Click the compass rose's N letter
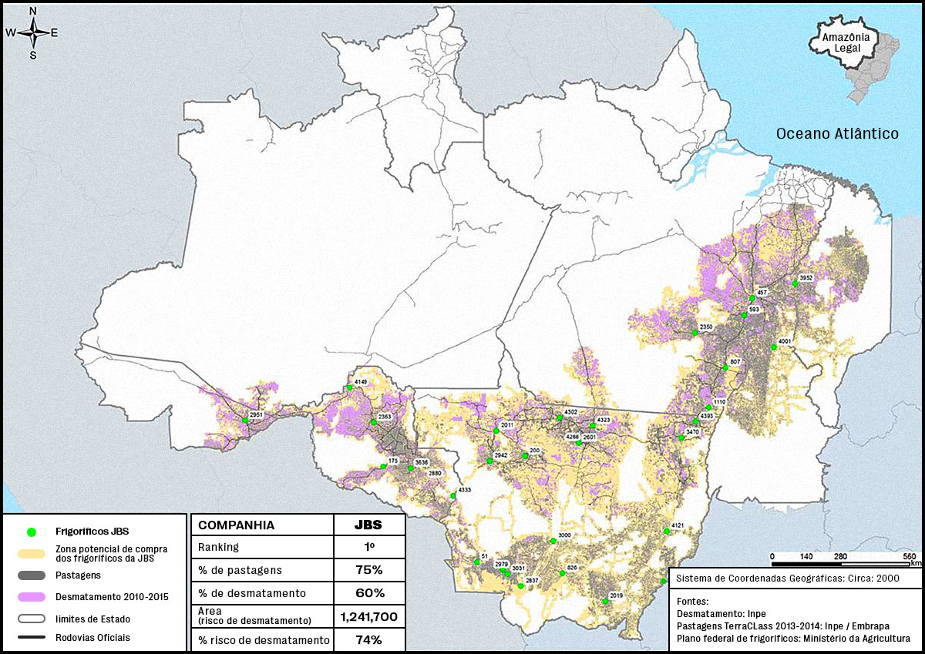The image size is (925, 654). pos(33,11)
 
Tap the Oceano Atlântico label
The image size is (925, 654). pos(837,134)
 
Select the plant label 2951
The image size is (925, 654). pos(257,415)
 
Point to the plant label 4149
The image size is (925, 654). pos(361,382)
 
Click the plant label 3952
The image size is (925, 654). pos(806,277)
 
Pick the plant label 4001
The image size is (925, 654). pos(785,341)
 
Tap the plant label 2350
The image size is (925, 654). pos(706,327)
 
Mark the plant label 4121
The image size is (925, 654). pos(678,525)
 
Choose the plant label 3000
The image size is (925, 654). pos(564,535)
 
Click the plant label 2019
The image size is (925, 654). pos(616,595)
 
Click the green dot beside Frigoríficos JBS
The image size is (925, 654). pos(32,532)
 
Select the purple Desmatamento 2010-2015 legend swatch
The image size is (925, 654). pos(32,597)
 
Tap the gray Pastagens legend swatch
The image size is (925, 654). pos(32,575)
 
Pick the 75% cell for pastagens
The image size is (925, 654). pos(368,570)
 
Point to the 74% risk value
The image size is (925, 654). pos(368,640)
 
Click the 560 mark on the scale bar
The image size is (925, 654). pos(910,556)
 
